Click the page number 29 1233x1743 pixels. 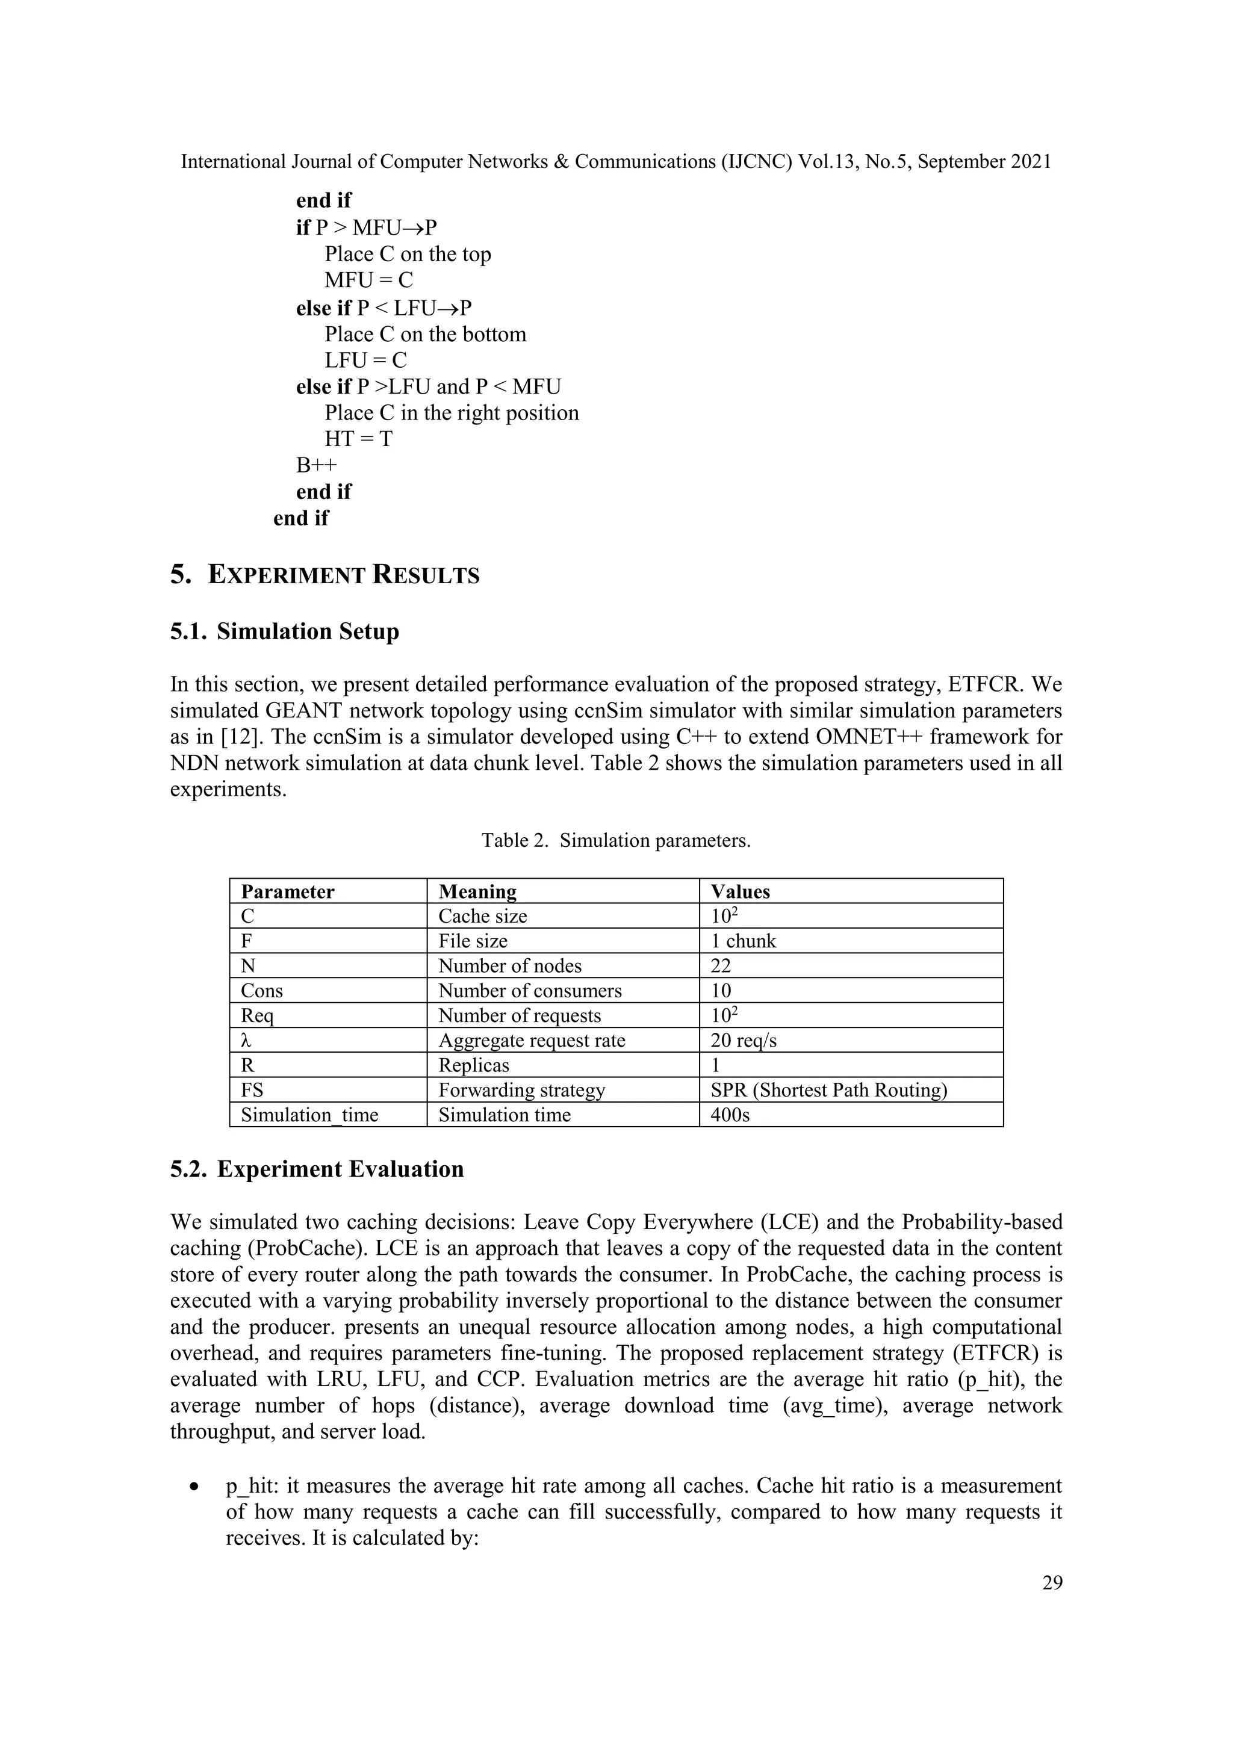click(x=1052, y=1582)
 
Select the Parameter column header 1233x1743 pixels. click(x=287, y=891)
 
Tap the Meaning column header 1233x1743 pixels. click(x=477, y=891)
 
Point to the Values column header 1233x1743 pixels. click(x=741, y=891)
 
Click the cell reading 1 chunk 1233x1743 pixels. click(x=744, y=941)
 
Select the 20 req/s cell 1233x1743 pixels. click(x=744, y=1040)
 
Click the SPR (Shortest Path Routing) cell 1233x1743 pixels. click(x=828, y=1090)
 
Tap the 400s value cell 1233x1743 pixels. click(x=730, y=1115)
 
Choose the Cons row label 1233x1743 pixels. click(x=261, y=991)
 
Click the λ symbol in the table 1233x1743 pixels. click(x=246, y=1040)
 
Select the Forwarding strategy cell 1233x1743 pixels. click(x=521, y=1090)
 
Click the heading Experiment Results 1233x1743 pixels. click(x=343, y=575)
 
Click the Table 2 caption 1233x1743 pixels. click(x=616, y=840)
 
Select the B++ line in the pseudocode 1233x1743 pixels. click(x=316, y=465)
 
